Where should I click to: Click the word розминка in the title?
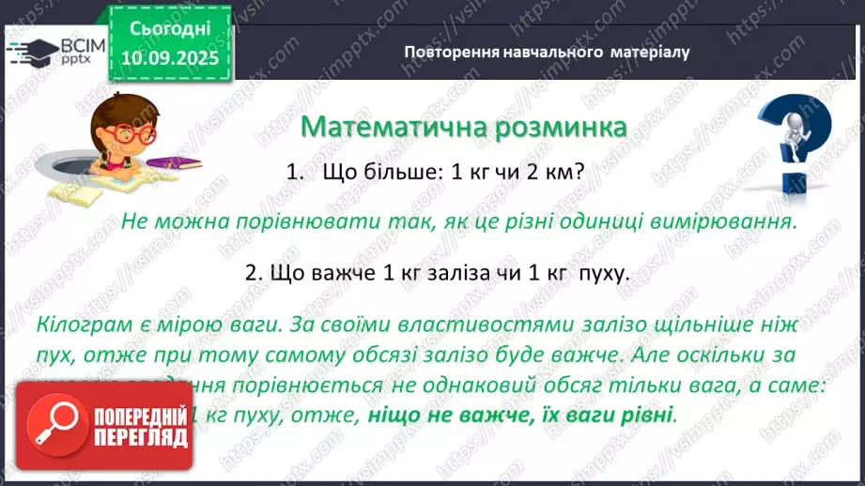tap(555, 126)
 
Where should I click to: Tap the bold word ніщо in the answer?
tap(394, 414)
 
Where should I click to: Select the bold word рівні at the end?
tap(648, 414)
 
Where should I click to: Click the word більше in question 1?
tap(392, 174)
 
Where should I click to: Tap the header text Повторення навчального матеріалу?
tap(547, 52)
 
